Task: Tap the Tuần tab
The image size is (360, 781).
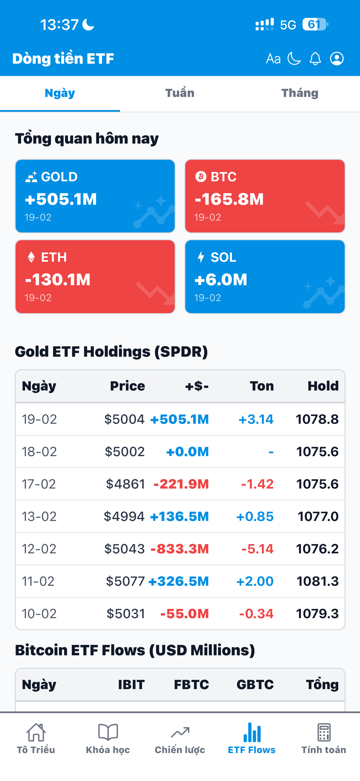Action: [x=180, y=93]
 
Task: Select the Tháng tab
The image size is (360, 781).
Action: [x=300, y=93]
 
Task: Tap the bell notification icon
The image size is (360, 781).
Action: [x=315, y=58]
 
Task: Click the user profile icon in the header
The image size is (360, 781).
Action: [x=337, y=58]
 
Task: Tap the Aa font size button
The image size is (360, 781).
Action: [x=273, y=58]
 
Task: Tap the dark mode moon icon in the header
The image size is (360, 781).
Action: [x=294, y=58]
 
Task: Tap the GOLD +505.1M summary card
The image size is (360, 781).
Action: [x=95, y=196]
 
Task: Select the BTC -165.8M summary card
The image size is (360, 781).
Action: [x=265, y=196]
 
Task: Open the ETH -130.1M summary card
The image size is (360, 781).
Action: [x=95, y=277]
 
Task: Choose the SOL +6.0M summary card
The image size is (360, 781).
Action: [x=265, y=277]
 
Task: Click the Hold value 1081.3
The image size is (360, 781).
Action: [x=317, y=581]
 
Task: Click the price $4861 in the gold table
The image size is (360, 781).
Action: [x=125, y=484]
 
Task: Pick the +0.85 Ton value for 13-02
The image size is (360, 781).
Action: [x=255, y=516]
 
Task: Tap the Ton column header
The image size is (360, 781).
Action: [x=262, y=386]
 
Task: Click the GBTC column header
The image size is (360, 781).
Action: [x=255, y=685]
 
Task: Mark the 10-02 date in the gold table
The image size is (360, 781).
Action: [x=39, y=614]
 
